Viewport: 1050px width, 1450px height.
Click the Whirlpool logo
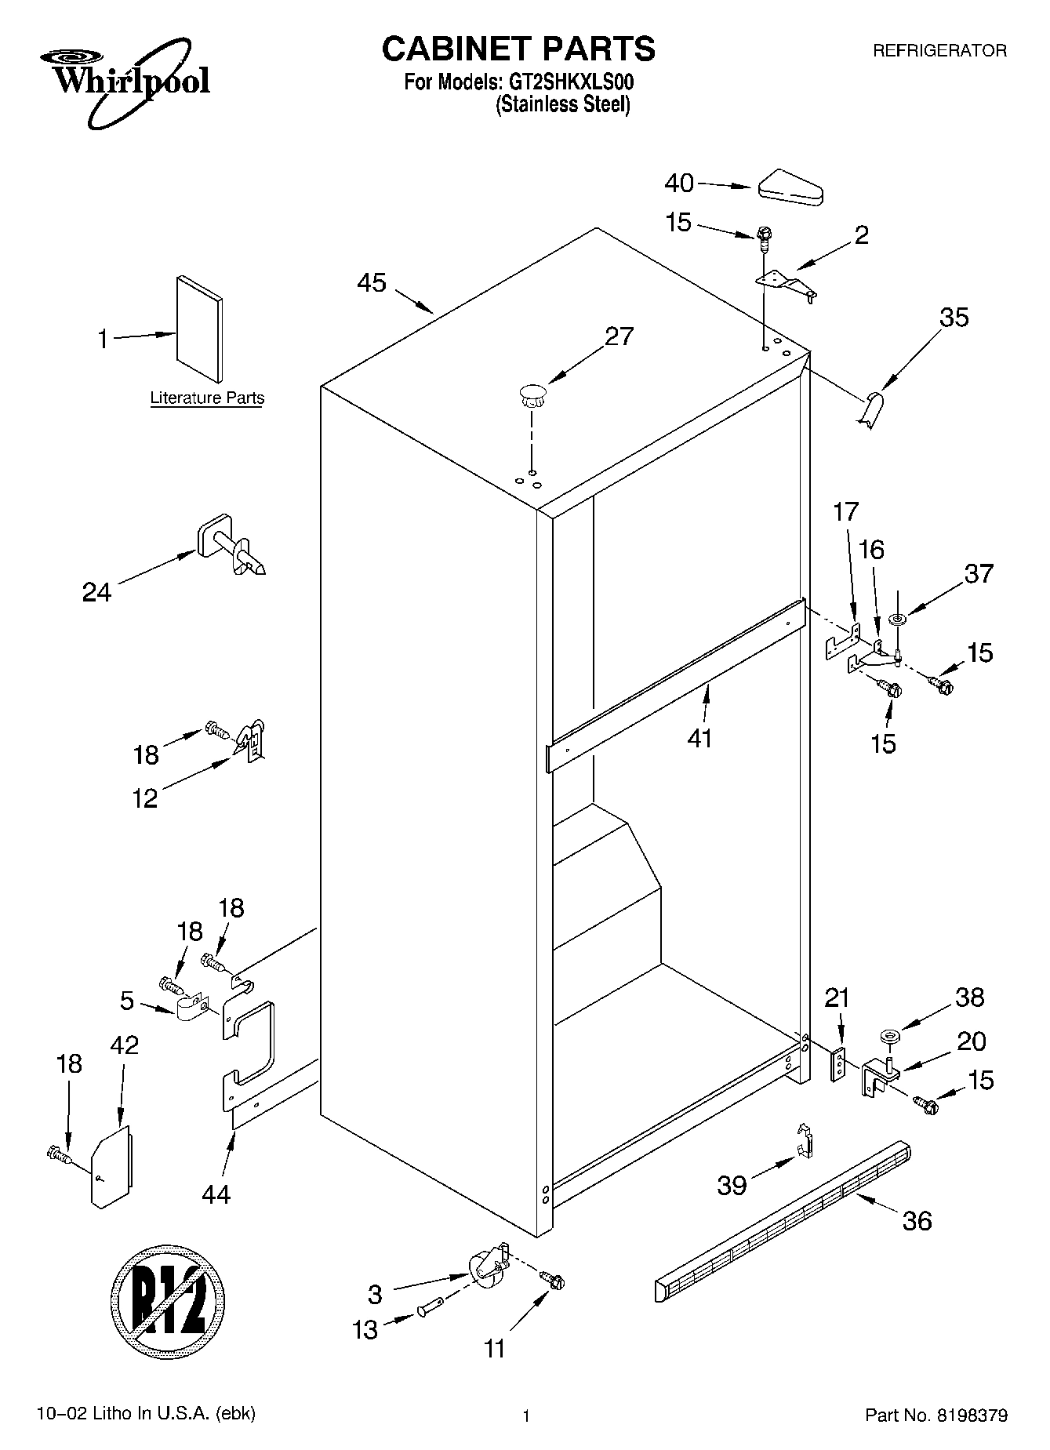pyautogui.click(x=125, y=85)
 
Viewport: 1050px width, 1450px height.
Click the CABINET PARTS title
pyautogui.click(x=518, y=49)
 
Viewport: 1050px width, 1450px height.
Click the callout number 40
pyautogui.click(x=679, y=183)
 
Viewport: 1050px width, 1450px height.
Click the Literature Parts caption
pyautogui.click(x=207, y=398)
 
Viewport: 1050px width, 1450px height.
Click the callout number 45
pyautogui.click(x=372, y=282)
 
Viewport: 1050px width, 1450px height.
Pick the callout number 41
pyautogui.click(x=699, y=738)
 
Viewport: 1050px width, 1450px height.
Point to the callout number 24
pyautogui.click(x=97, y=592)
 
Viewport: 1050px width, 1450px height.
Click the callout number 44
pyautogui.click(x=216, y=1194)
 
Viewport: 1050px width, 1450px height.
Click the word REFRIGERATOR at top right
pyautogui.click(x=939, y=51)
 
